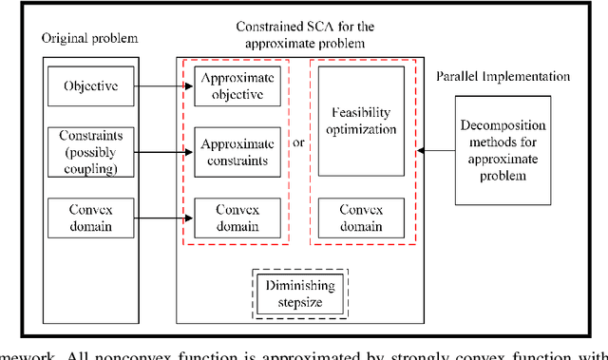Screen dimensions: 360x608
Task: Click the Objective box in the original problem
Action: [x=91, y=86]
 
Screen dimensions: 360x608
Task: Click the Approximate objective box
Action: [x=237, y=86]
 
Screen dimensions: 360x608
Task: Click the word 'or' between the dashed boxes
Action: [x=299, y=143]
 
